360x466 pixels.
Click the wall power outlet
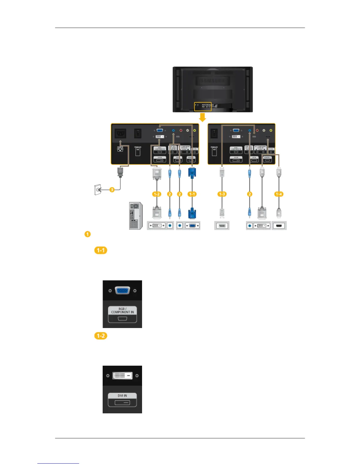97,190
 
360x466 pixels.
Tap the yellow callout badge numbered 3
112,190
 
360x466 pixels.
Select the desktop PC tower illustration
136,216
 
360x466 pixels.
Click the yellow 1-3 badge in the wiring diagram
222,194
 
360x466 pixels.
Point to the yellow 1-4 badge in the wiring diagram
279,194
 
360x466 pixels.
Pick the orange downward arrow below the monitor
202,118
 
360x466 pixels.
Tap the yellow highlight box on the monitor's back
203,106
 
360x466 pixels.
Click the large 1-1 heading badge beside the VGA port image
101,250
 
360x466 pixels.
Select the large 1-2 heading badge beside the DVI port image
101,336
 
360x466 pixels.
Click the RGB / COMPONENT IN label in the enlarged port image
122,311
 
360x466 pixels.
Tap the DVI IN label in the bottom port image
122,396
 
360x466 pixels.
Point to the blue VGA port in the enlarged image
122,290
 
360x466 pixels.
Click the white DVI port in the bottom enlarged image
122,376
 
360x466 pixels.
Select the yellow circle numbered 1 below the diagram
87,234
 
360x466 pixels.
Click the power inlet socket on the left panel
120,134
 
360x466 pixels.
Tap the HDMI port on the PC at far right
279,226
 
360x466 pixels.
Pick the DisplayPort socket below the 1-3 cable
222,226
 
